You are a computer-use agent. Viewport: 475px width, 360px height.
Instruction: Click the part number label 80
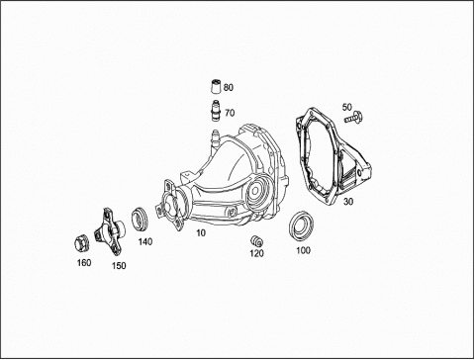[229, 87]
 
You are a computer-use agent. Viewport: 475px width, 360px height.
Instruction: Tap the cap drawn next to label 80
[216, 87]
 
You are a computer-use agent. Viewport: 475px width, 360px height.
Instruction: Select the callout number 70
[230, 113]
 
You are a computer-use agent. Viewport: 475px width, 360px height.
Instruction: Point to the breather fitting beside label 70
[216, 109]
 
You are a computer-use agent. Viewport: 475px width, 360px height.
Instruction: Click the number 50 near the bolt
[347, 107]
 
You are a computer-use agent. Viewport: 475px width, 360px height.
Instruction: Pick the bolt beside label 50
[353, 118]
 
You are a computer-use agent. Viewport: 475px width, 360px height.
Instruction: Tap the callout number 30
[348, 201]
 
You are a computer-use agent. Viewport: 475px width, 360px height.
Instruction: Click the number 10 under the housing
[201, 232]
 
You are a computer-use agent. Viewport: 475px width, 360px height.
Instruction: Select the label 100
[303, 250]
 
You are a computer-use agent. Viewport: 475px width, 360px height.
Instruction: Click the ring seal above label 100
[301, 226]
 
